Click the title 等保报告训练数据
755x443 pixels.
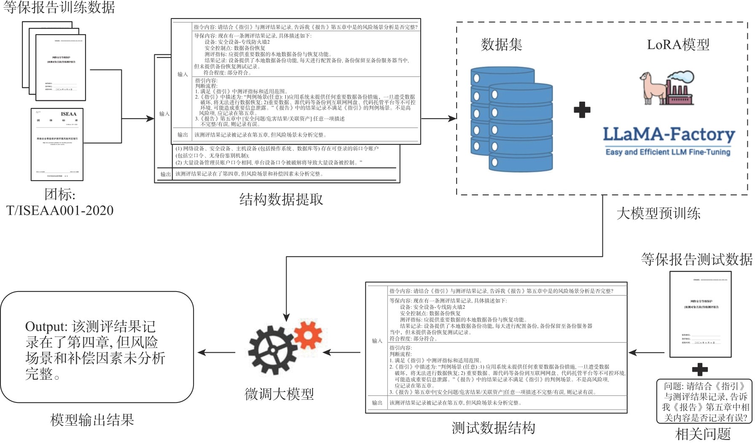point(59,8)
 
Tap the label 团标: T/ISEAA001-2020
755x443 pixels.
point(60,202)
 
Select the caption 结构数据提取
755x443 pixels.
point(281,199)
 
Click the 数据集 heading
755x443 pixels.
point(501,44)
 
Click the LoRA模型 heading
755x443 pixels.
point(678,44)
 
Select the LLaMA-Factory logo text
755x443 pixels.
point(669,135)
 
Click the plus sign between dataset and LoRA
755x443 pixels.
point(582,110)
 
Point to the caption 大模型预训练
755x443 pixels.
point(658,213)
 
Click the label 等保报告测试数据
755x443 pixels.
point(696,259)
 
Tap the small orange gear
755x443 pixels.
point(309,336)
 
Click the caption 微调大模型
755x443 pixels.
point(279,394)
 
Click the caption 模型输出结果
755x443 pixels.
point(92,420)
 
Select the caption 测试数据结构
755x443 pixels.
point(493,428)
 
